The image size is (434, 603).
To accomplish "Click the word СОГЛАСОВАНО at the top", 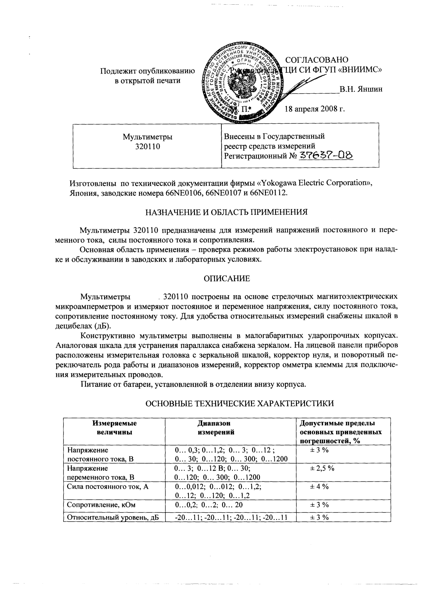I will pos(316,60).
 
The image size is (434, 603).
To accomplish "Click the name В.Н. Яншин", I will pos(361,89).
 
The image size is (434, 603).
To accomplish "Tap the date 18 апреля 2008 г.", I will pos(315,109).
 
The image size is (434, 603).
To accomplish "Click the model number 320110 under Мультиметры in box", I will pos(147,147).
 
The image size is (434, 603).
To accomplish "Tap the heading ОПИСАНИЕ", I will pos(226,279).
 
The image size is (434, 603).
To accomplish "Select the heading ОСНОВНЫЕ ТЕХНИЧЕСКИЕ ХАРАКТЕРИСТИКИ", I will pos(239,404).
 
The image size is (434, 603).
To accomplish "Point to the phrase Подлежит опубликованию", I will pos(147,71).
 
